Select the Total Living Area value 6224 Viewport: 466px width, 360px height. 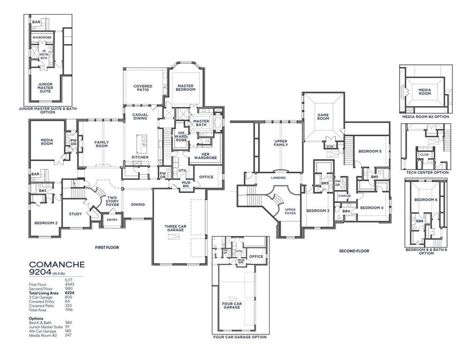[x=68, y=293]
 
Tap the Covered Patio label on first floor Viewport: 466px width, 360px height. [x=143, y=88]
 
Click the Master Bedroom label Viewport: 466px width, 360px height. [x=186, y=88]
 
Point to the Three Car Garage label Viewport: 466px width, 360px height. [x=175, y=228]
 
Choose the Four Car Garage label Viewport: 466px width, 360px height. [x=232, y=305]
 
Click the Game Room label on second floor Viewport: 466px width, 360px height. [x=323, y=117]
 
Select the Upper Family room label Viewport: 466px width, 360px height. [x=281, y=143]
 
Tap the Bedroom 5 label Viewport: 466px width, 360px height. [x=370, y=151]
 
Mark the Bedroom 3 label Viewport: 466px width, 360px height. [x=317, y=211]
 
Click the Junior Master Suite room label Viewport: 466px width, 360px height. [x=45, y=88]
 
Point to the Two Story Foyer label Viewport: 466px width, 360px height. [x=112, y=201]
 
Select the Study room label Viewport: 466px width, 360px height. [x=75, y=214]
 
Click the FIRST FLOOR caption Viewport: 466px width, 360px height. [x=107, y=248]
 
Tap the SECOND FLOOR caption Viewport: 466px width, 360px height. [x=354, y=251]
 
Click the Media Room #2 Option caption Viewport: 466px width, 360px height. [x=425, y=117]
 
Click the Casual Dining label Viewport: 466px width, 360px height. [x=140, y=116]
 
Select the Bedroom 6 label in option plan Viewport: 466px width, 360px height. [x=426, y=200]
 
